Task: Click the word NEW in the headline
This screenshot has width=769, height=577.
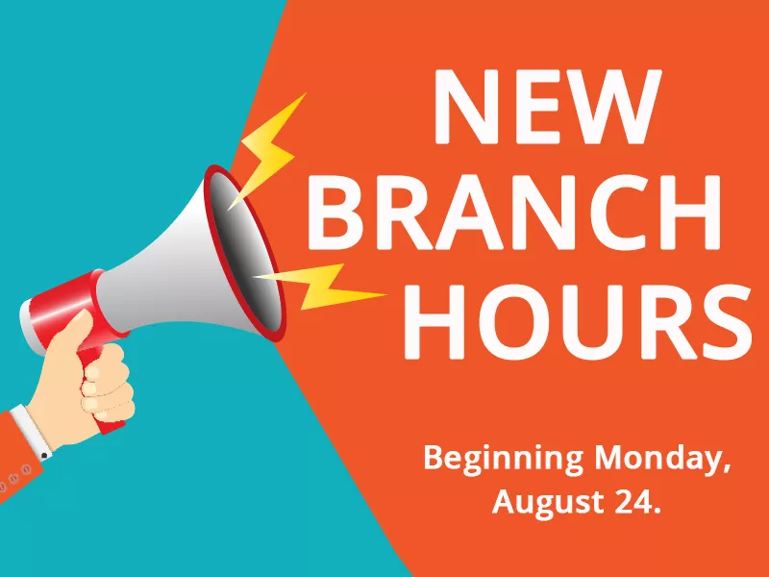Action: (547, 107)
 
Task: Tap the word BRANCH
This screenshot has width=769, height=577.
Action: (514, 213)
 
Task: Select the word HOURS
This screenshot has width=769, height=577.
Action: (578, 320)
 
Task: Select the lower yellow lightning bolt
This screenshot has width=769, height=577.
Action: (320, 288)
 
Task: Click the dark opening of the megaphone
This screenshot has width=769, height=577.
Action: (245, 254)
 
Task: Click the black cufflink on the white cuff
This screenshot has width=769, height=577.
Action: (44, 456)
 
